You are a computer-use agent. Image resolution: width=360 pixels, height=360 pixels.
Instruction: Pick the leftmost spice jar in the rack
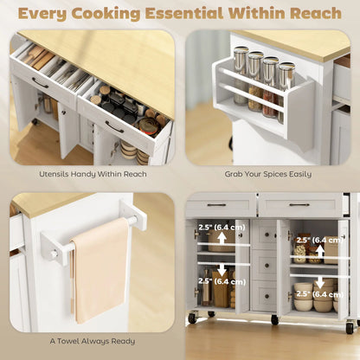click(x=241, y=77)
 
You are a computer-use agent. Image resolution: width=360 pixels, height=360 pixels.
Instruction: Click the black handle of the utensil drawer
click(x=41, y=84)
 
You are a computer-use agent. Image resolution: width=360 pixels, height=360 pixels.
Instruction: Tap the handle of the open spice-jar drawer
click(x=114, y=126)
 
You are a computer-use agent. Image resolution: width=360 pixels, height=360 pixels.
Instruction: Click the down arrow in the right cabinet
click(x=320, y=282)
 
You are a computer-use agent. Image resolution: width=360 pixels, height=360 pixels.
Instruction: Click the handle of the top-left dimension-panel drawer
click(x=217, y=205)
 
